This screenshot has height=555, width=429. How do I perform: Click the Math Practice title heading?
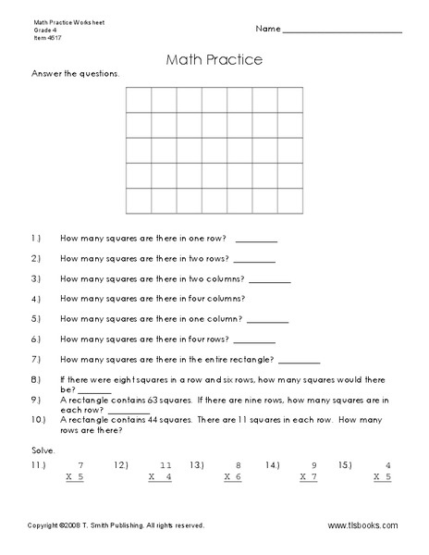point(214,59)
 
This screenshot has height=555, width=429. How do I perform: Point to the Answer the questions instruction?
point(75,72)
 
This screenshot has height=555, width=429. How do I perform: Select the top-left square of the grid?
point(138,99)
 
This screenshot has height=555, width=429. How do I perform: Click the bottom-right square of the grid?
point(291,200)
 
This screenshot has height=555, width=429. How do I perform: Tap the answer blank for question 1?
point(256,239)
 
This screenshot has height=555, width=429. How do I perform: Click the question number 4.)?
point(36,299)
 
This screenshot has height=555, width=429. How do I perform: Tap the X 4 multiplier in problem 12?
point(161,477)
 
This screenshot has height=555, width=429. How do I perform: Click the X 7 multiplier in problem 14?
point(309,477)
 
